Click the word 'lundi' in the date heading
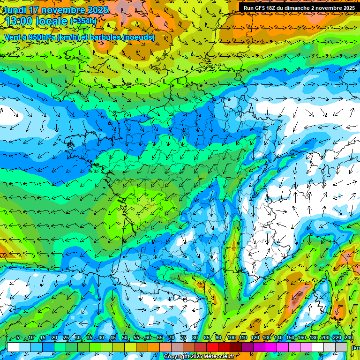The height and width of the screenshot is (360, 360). coord(15,10)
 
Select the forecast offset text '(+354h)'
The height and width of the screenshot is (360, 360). coord(83,21)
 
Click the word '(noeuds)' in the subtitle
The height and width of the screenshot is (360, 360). coord(138,37)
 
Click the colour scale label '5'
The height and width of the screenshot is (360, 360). coord(18,337)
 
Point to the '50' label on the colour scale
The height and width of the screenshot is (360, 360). coord(125,337)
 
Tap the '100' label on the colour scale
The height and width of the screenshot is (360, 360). coord(231,337)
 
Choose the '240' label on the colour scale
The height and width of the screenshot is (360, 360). coord(348,337)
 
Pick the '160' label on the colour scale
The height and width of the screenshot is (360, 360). coord(301,337)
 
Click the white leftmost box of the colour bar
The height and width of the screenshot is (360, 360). coord(13,347)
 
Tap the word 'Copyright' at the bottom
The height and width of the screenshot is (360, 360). coord(177,357)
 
